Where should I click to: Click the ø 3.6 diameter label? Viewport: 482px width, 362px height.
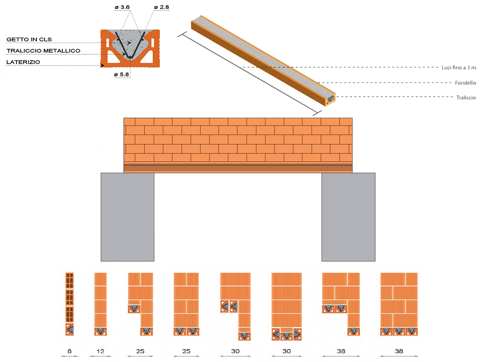click(x=123, y=7)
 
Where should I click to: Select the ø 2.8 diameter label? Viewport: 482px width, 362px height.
click(x=161, y=7)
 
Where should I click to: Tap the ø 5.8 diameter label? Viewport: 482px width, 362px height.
click(x=122, y=74)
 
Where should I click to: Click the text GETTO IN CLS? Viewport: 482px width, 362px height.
click(x=29, y=39)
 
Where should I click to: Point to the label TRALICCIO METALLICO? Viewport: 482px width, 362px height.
click(x=43, y=51)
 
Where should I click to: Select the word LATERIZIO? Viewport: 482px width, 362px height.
click(x=23, y=62)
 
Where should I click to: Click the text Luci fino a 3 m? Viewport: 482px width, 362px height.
click(x=459, y=68)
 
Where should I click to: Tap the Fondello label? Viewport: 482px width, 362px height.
click(x=465, y=83)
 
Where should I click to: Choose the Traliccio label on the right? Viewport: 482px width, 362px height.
click(x=466, y=97)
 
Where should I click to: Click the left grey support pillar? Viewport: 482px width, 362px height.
click(x=127, y=217)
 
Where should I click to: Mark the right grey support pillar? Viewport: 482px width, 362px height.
click(x=348, y=217)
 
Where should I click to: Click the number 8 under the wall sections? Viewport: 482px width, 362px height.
click(x=69, y=351)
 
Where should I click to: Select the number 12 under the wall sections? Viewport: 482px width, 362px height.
click(x=100, y=351)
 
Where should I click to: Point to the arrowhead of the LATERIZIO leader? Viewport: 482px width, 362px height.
click(x=102, y=65)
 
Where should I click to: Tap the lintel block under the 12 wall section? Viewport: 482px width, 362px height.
click(x=100, y=331)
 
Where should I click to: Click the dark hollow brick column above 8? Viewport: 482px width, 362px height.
click(x=69, y=297)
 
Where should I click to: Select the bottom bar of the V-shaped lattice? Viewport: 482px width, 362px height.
click(x=130, y=57)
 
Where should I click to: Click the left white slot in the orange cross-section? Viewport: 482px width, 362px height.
click(x=108, y=43)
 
